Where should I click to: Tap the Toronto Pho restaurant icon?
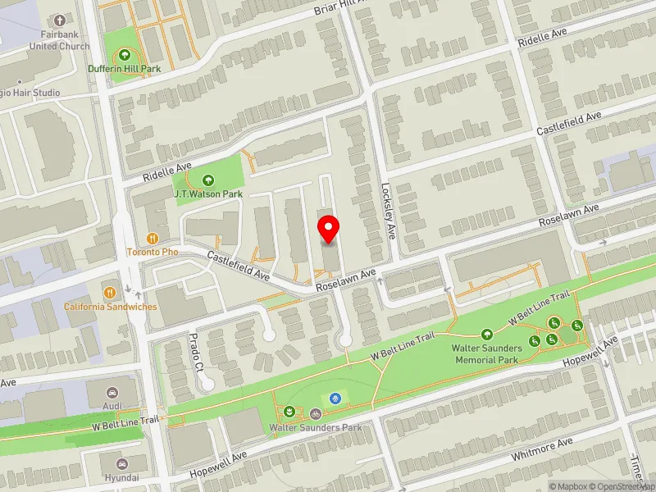[x=152, y=238]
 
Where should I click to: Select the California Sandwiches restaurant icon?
[x=110, y=293]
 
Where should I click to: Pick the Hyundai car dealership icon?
[x=121, y=464]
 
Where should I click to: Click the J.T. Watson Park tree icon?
[x=207, y=180]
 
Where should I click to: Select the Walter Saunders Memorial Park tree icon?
[x=486, y=334]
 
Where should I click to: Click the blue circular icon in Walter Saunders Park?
[x=335, y=399]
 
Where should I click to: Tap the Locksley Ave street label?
[x=389, y=210]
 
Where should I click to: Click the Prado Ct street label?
[x=196, y=352]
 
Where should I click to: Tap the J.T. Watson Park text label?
[x=208, y=194]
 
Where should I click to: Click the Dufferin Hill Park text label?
[x=125, y=70]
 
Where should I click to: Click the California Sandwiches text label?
[x=111, y=307]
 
